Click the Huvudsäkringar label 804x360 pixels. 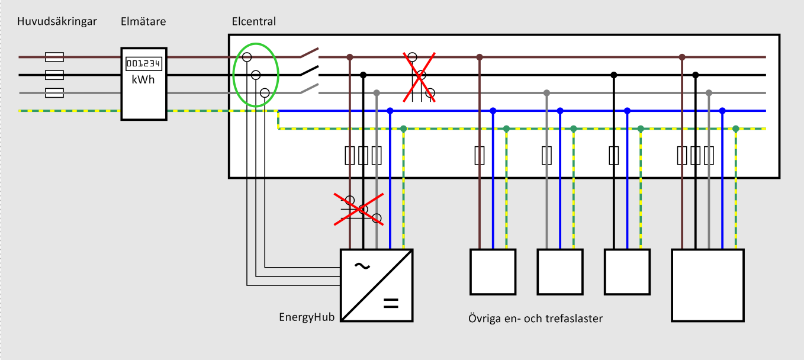(x=57, y=22)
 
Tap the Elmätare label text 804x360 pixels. (x=143, y=22)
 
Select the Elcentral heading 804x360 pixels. (x=254, y=22)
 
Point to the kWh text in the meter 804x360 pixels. (x=143, y=79)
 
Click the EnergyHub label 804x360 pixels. (x=307, y=317)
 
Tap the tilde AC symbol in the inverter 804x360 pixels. (x=362, y=266)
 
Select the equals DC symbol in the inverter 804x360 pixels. (x=391, y=304)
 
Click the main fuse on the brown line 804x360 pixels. (x=54, y=57)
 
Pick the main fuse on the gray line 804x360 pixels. (x=54, y=92)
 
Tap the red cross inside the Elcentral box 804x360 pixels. (x=420, y=77)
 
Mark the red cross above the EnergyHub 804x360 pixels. (x=358, y=208)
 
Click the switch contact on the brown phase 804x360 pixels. (x=309, y=53)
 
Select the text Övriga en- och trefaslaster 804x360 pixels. (x=535, y=319)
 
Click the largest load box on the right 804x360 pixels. (x=707, y=285)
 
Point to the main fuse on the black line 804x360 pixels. (x=54, y=75)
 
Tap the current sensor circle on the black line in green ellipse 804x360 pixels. (x=256, y=75)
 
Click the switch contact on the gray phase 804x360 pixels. (x=309, y=89)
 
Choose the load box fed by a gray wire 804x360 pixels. (x=559, y=272)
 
